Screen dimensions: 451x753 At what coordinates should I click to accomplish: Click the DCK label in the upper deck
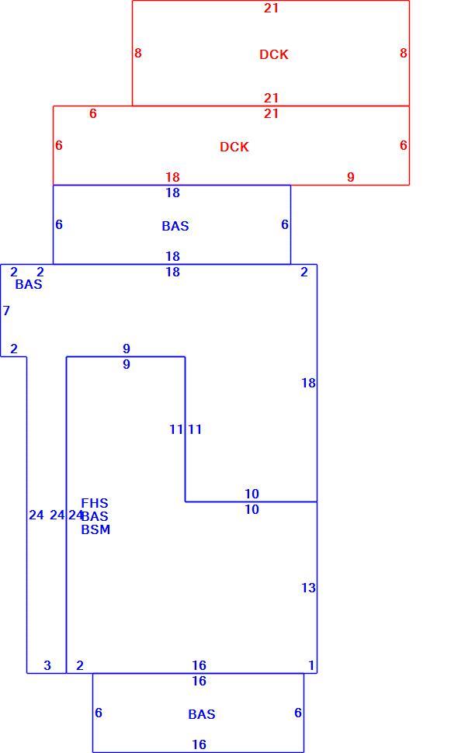tap(274, 54)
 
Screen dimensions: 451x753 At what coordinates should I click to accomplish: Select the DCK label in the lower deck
tap(234, 147)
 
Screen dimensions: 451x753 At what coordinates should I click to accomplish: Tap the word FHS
tap(95, 503)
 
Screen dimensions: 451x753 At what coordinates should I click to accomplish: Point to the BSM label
tap(95, 529)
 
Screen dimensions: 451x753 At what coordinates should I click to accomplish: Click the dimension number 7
tap(6, 311)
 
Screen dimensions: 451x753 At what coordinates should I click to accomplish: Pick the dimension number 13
tap(308, 588)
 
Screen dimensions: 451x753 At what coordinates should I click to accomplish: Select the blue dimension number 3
tap(47, 665)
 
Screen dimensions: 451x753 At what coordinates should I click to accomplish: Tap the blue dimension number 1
tap(311, 665)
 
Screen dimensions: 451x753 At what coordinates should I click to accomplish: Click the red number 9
tap(351, 177)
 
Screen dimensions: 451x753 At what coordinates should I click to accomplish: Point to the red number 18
tap(172, 177)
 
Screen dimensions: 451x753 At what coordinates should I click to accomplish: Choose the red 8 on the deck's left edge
tap(138, 53)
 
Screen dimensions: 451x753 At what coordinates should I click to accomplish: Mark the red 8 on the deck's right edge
tap(404, 53)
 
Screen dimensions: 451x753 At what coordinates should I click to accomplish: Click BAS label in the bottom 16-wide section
tap(202, 715)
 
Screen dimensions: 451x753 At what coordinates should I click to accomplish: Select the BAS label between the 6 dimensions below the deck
tap(175, 226)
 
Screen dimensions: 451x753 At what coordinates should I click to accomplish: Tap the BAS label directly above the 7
tap(29, 284)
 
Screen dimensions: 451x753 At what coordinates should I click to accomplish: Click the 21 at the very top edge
tap(271, 8)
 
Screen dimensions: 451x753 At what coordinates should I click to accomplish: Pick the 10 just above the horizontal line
tap(252, 494)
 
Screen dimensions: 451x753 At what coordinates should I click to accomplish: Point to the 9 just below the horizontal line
tap(127, 365)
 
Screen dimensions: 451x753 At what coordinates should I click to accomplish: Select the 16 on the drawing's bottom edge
tap(199, 744)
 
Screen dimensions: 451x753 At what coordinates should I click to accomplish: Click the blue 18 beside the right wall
tap(308, 383)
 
